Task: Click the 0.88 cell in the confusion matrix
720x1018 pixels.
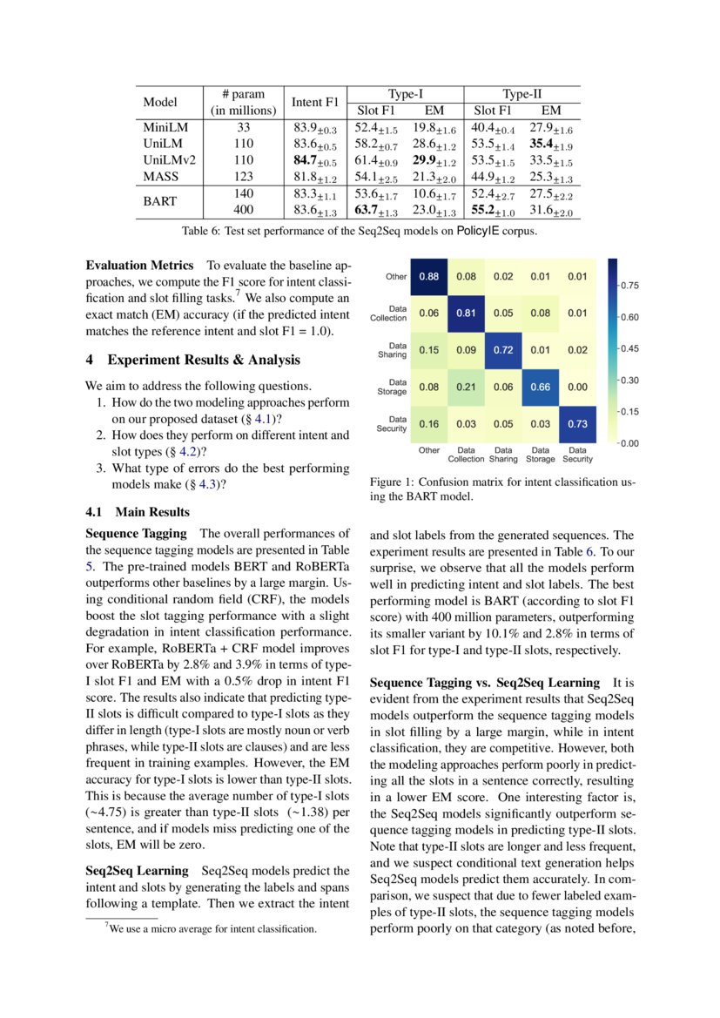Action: tap(428, 277)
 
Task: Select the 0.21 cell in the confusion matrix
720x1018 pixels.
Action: tap(466, 387)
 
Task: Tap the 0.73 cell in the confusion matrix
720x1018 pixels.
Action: tap(577, 423)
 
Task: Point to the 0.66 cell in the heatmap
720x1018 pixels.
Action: tap(540, 387)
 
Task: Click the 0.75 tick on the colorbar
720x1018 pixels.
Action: tap(630, 285)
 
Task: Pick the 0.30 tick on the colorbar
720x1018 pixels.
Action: tap(630, 380)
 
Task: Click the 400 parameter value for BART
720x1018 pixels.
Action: tap(244, 210)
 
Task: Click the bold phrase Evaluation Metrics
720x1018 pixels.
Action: tap(139, 264)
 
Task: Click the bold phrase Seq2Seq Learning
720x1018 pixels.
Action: tap(137, 870)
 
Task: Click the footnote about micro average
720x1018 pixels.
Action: tap(212, 929)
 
